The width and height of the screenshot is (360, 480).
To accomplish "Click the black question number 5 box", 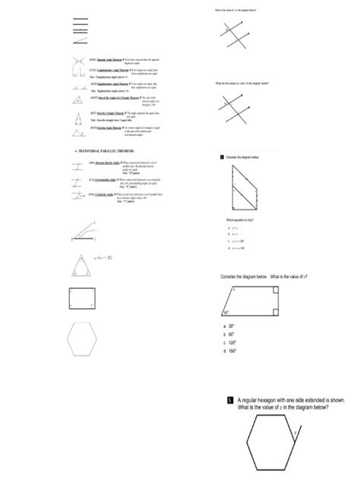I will click(229, 400).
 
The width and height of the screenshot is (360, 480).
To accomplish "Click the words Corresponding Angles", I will click(108, 179).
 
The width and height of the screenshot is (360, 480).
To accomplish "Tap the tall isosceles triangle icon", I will click(78, 119).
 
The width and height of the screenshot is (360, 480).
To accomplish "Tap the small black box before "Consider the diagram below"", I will click(216, 156).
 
